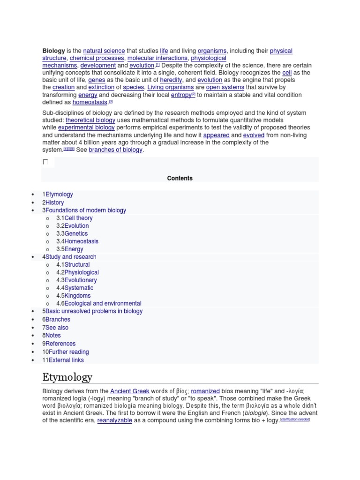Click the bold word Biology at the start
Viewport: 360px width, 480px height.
53,51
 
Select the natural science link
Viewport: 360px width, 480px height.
104,51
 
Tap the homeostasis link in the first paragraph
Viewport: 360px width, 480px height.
90,102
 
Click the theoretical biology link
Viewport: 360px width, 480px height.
90,120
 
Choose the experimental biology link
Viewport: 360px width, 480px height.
86,127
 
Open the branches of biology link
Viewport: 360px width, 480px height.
115,150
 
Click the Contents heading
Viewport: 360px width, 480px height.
180,178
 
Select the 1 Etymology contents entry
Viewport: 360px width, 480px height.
58,194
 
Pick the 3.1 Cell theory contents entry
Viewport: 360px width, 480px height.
75,218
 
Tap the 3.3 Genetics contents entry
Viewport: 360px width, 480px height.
72,233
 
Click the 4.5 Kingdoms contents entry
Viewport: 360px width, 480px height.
74,296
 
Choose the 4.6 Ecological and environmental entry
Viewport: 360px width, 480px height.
99,304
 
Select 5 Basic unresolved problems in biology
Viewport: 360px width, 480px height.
92,311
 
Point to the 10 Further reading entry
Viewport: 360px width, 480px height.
66,352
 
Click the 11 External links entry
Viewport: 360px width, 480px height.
63,360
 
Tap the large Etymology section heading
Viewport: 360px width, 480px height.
67,377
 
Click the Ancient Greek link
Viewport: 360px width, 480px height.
129,391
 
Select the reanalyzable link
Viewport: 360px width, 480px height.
114,421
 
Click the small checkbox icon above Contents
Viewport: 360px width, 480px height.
45,162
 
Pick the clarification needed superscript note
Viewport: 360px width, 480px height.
295,420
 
